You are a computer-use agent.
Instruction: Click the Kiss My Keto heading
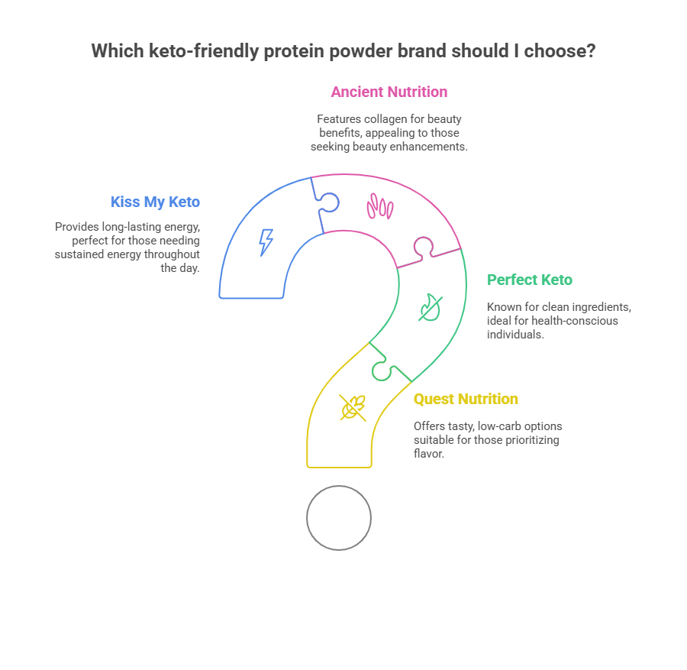click(155, 202)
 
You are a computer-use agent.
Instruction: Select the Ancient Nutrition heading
click(389, 92)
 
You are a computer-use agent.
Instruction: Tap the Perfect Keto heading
click(530, 280)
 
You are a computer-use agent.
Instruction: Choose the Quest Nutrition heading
click(466, 399)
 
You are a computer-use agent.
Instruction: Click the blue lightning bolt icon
click(266, 241)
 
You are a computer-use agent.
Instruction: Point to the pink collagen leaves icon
click(379, 206)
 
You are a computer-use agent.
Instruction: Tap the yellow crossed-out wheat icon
click(353, 407)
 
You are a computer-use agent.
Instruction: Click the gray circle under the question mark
click(339, 517)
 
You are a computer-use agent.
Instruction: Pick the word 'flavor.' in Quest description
click(429, 454)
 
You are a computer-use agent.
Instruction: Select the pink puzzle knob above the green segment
click(422, 246)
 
